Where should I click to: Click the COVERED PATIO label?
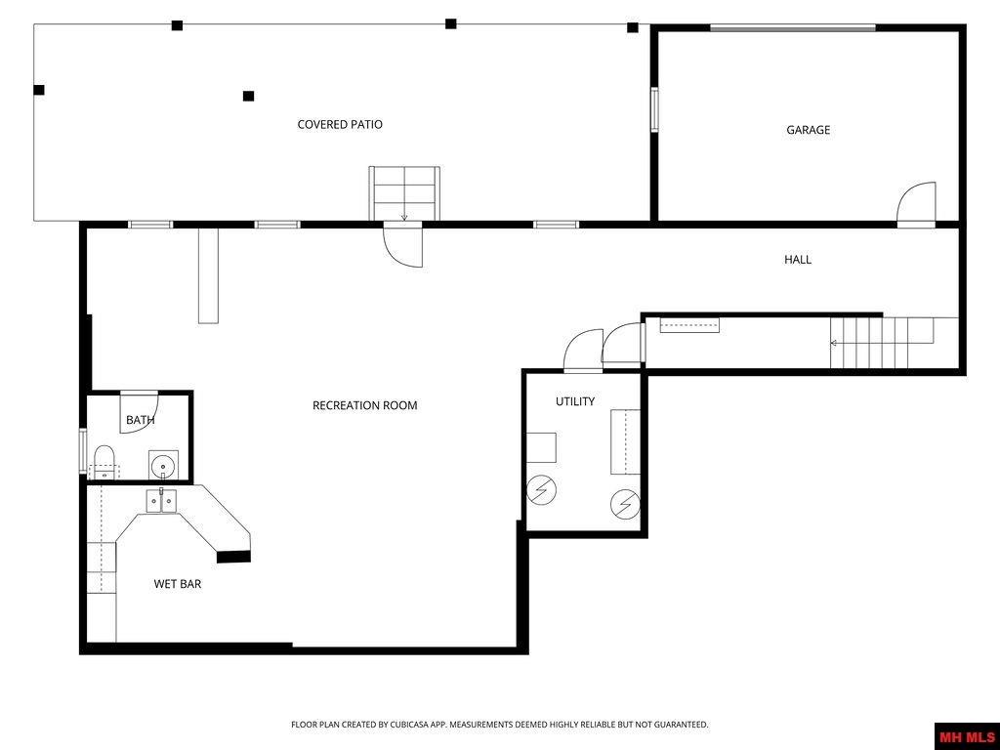click(340, 125)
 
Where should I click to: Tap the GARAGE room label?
click(808, 130)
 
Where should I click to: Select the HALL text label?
click(797, 260)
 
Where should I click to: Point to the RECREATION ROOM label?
click(364, 405)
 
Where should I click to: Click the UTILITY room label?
click(574, 401)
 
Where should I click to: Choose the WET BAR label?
click(177, 584)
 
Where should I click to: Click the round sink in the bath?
click(162, 462)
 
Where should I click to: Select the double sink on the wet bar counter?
click(161, 501)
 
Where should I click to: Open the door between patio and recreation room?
click(403, 245)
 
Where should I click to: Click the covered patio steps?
click(404, 192)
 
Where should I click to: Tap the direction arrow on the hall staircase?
click(835, 343)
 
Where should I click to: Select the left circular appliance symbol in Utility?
click(540, 491)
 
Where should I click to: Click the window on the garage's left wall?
click(654, 108)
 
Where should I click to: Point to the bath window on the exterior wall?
click(83, 451)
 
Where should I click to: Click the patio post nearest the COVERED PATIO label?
click(248, 96)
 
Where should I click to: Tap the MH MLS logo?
click(967, 735)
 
